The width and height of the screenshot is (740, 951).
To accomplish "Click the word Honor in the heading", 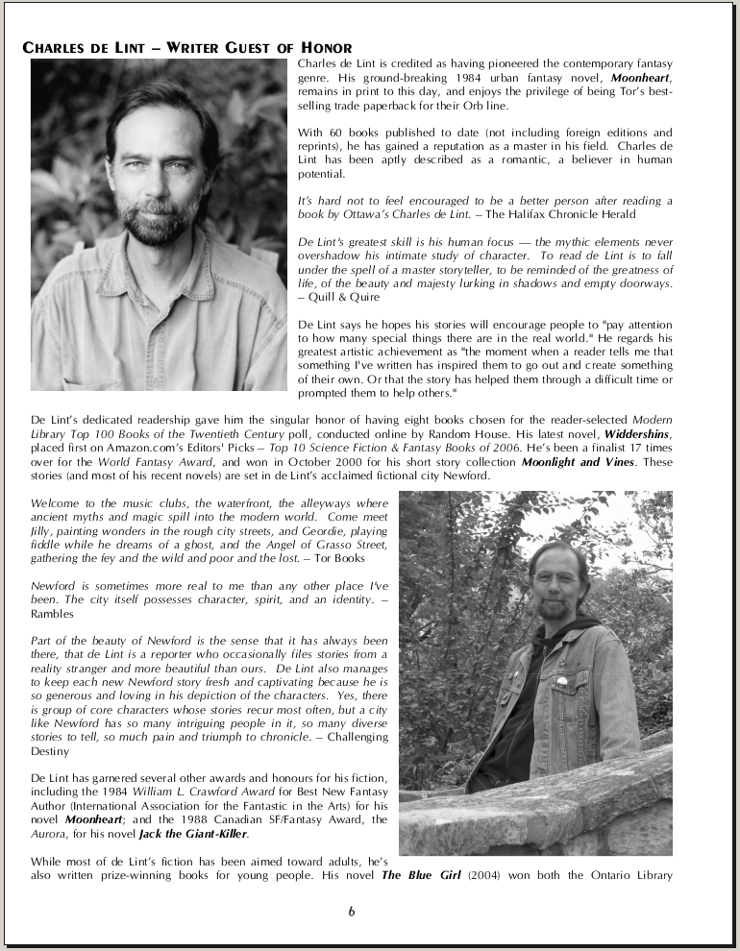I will coord(323,48).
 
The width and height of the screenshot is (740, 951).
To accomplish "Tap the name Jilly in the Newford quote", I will coord(43,530).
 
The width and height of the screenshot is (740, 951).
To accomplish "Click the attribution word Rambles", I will coord(52,614).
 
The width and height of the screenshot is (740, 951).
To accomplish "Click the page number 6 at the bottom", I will coord(352,912).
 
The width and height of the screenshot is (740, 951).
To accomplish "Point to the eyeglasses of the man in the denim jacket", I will coord(556,578).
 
